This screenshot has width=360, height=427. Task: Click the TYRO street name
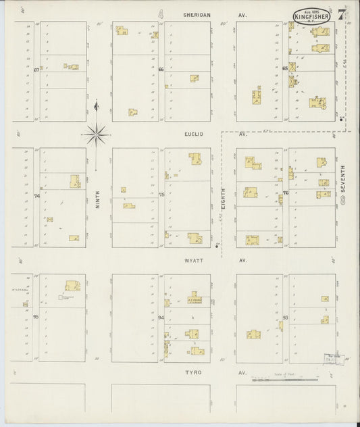(x=196, y=372)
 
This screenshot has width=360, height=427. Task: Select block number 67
(x=36, y=69)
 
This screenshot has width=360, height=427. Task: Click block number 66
(x=161, y=69)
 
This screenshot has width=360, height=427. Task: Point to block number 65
(x=285, y=68)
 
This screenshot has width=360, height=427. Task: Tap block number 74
(x=37, y=196)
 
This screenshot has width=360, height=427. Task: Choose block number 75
(x=161, y=195)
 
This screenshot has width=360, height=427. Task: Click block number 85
(x=36, y=316)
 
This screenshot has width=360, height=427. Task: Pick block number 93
(x=286, y=316)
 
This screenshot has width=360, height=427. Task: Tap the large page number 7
(x=342, y=14)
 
